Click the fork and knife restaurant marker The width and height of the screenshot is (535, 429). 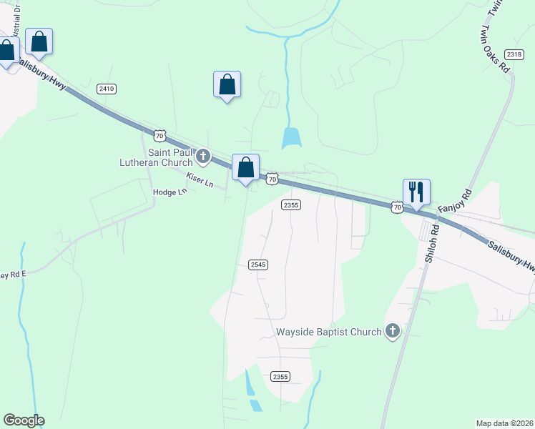click(x=416, y=192)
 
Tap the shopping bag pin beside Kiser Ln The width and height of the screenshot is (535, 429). click(x=245, y=169)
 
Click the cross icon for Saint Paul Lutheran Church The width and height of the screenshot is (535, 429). click(x=203, y=156)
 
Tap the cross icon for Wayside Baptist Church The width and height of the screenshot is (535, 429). click(x=391, y=331)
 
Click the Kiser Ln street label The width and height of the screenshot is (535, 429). click(x=200, y=179)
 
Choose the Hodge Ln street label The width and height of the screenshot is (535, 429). click(x=170, y=192)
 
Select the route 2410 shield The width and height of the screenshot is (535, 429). click(x=107, y=89)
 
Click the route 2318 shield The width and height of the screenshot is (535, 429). click(x=514, y=54)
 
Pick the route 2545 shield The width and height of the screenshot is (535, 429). click(x=258, y=265)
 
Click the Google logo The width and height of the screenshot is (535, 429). click(x=24, y=420)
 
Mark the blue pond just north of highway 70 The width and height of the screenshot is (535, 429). click(x=291, y=138)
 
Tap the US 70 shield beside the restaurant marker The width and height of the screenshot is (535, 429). click(x=397, y=207)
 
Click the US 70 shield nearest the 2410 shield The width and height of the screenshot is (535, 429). click(x=159, y=134)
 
